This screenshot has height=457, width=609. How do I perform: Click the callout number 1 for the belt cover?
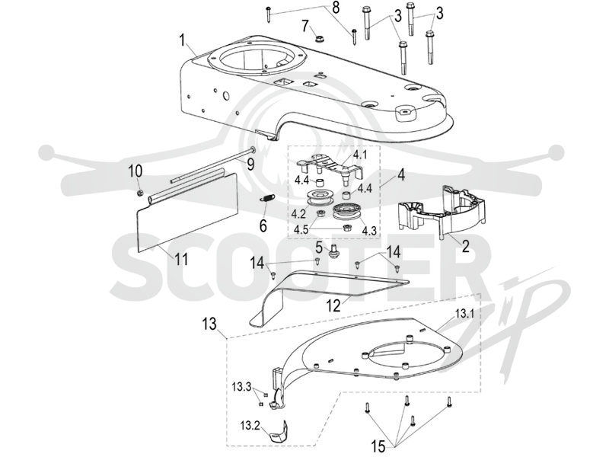(x=182, y=41)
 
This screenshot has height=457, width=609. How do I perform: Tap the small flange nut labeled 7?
(x=318, y=39)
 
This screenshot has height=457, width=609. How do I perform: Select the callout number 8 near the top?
(x=336, y=8)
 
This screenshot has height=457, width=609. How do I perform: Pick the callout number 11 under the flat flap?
(x=181, y=259)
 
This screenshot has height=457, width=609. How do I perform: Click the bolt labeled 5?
(x=332, y=252)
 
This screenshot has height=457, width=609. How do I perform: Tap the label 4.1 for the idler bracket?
(x=359, y=155)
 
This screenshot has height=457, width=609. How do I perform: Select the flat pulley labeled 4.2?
(x=319, y=197)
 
